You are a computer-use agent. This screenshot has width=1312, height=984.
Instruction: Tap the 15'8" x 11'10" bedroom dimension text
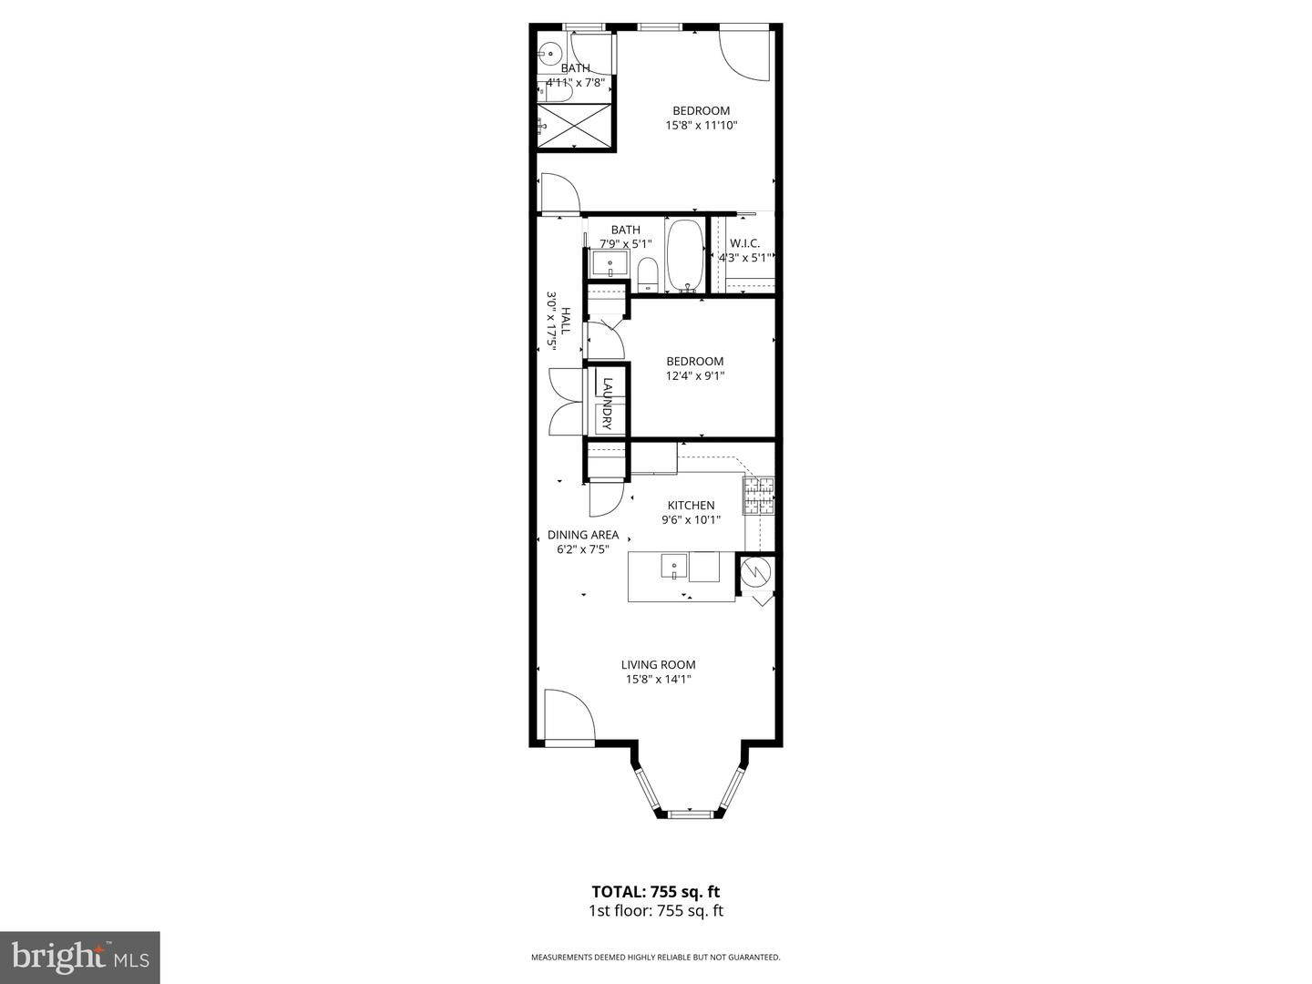[x=701, y=126]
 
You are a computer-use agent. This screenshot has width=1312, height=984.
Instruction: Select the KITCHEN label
[x=691, y=506]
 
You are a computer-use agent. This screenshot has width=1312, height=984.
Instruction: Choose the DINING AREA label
[x=582, y=535]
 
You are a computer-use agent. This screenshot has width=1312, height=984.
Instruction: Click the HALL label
[x=565, y=321]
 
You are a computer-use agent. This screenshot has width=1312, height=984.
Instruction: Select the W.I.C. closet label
[x=744, y=243]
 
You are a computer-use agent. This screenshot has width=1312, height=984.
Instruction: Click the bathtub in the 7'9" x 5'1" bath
[x=685, y=254]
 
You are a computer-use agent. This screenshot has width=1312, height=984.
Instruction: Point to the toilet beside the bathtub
[x=648, y=272]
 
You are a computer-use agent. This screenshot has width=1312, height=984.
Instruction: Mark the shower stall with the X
[x=573, y=126]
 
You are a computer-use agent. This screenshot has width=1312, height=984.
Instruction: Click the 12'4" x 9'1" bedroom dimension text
[x=694, y=375]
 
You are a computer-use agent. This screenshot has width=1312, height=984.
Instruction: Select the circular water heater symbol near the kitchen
[x=755, y=572]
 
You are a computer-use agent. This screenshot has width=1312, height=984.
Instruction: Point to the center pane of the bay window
[x=689, y=812]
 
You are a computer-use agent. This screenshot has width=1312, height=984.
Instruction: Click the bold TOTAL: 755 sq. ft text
[x=655, y=892]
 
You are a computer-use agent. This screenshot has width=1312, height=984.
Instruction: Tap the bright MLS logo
[x=79, y=957]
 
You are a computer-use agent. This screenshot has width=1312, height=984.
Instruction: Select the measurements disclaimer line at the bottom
[x=655, y=958]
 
